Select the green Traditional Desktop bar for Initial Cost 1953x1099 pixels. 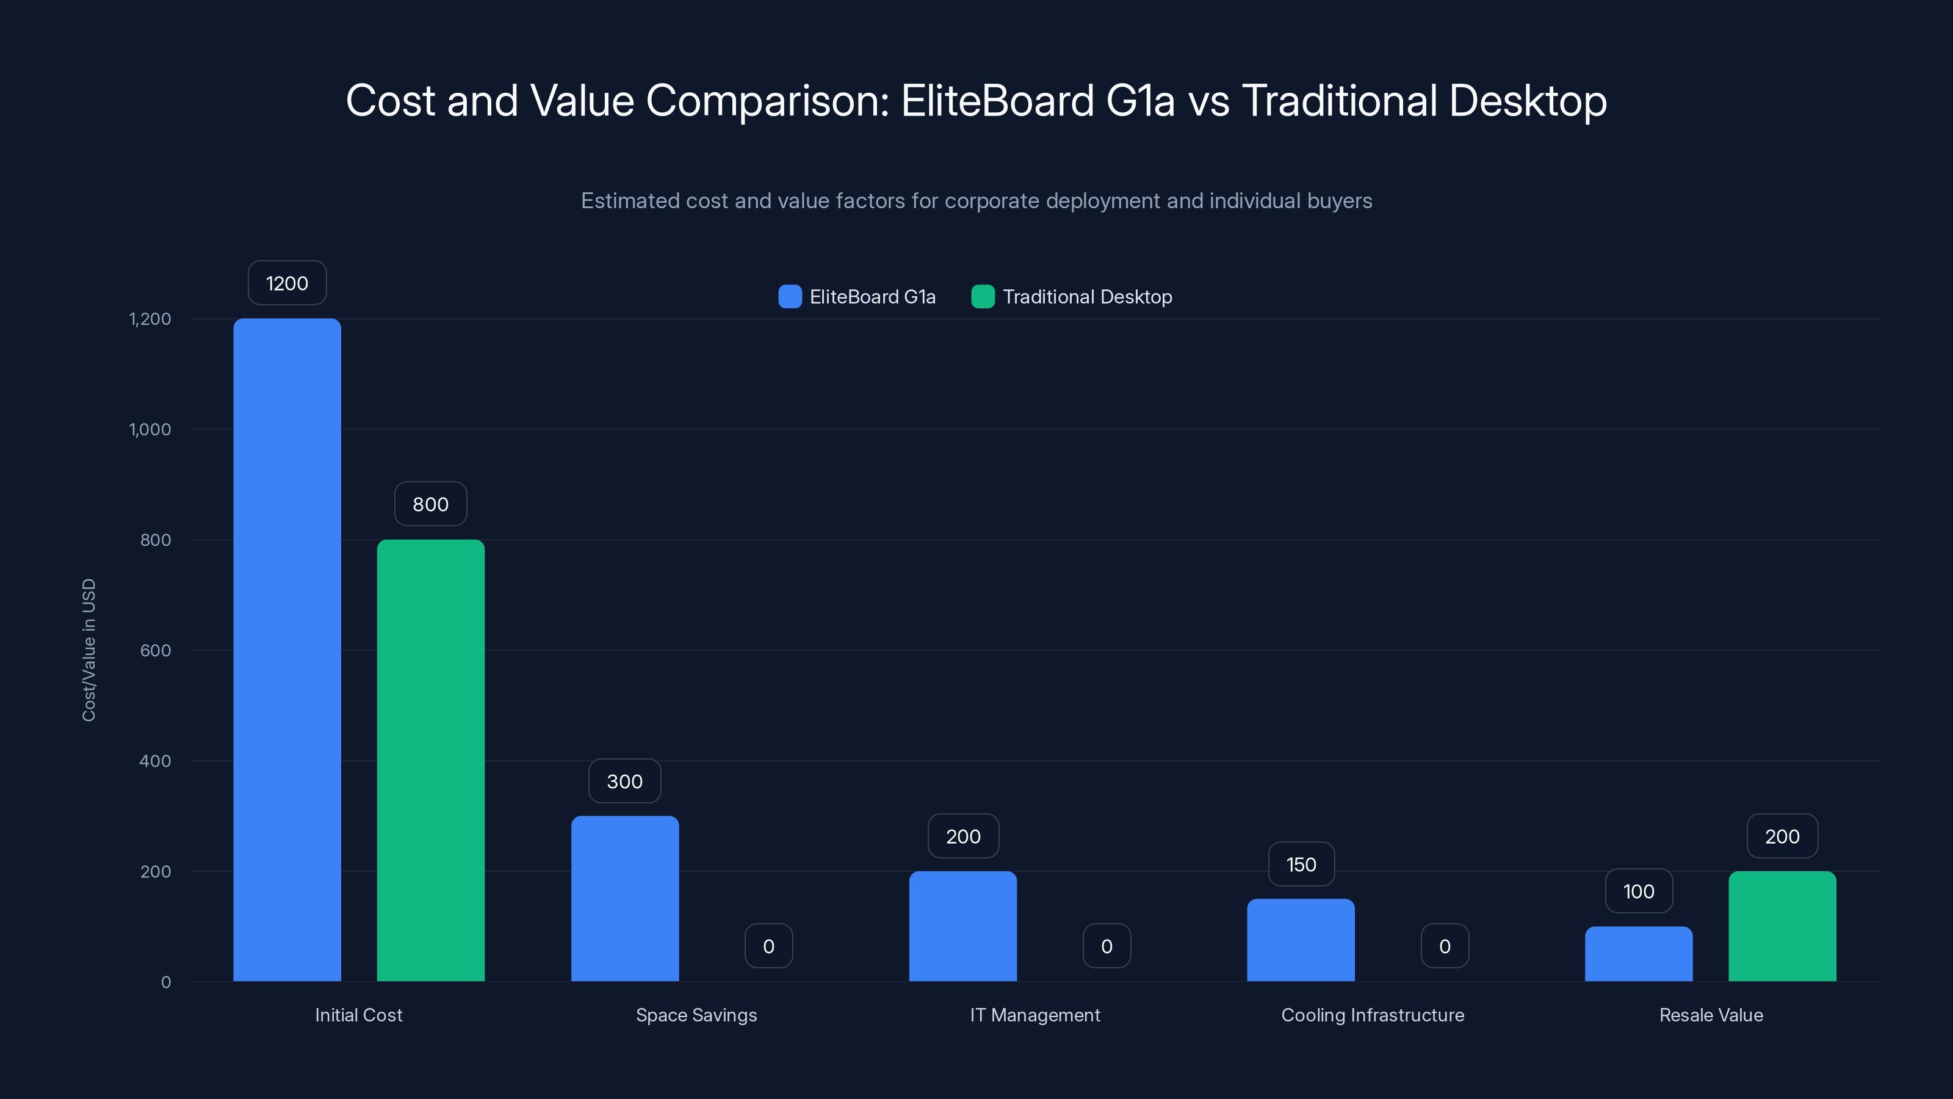[431, 760]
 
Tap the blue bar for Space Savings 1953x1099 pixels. [625, 899]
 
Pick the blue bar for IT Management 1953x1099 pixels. [963, 926]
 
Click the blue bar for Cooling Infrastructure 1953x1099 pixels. [1301, 940]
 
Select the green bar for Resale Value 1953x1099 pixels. [1782, 926]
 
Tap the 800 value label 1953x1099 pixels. [431, 504]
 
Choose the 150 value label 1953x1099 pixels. [1301, 865]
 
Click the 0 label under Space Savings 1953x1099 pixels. [769, 946]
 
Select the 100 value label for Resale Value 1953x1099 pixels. [1638, 892]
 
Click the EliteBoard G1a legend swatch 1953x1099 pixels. [790, 297]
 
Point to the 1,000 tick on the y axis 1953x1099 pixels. [150, 429]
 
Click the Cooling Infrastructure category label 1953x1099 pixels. [1372, 1015]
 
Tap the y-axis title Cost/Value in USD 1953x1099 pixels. [88, 650]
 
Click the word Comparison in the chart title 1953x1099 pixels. [767, 101]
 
